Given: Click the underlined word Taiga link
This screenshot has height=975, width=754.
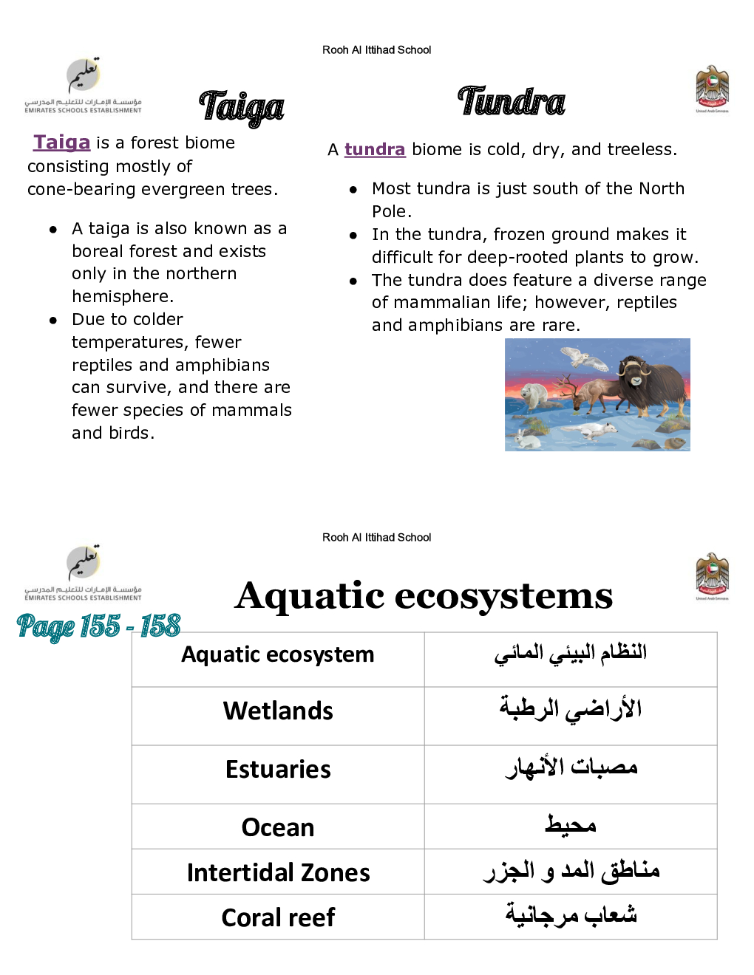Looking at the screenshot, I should (62, 143).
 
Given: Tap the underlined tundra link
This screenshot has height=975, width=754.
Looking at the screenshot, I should (375, 150).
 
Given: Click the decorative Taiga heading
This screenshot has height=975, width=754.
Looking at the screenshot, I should (241, 108).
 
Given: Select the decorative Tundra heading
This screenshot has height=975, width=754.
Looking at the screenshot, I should (512, 102).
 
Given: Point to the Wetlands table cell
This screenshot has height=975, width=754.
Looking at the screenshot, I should (278, 711).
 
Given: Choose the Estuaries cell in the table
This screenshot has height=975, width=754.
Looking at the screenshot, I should (278, 770).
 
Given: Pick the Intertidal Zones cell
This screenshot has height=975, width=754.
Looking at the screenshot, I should (278, 873).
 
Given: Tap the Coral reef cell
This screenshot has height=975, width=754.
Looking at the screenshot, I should (278, 918).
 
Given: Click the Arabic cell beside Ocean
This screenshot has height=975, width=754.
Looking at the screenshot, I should (571, 827).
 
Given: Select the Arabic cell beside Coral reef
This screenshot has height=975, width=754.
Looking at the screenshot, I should (571, 916).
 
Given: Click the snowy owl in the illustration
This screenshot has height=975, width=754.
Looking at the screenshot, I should (584, 359).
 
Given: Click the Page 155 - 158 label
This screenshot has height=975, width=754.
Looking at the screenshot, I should (98, 626).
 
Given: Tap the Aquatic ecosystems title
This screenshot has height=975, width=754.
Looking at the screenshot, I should (424, 595).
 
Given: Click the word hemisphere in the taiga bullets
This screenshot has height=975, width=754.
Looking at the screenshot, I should (121, 297).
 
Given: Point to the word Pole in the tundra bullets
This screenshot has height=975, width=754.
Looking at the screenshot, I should (390, 212).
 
